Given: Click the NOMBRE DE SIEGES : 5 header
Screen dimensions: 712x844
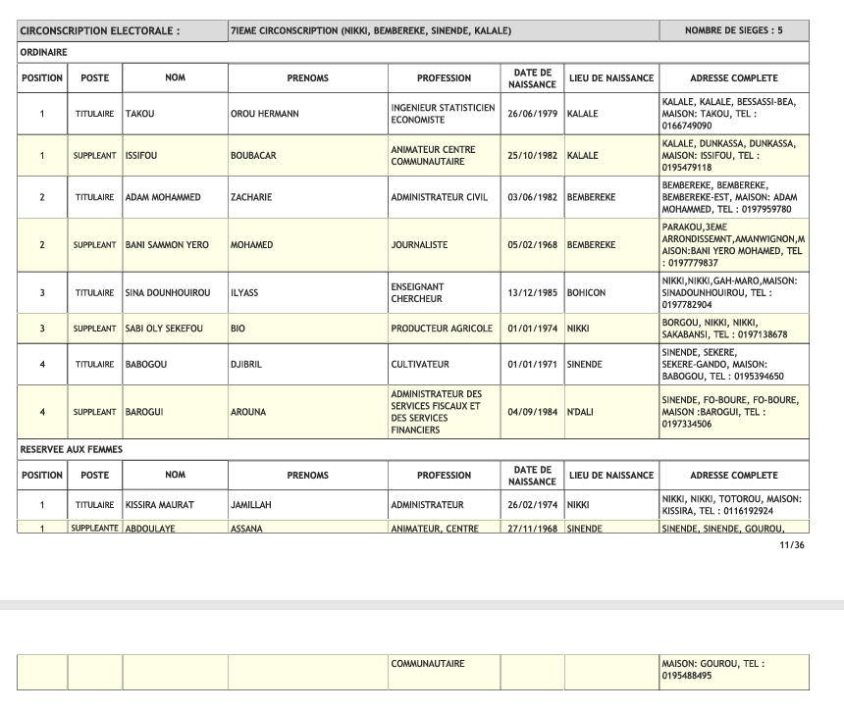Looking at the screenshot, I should (734, 30).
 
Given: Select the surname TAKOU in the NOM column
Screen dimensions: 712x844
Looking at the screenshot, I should (140, 114).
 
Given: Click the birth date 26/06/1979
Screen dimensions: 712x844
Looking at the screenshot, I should (532, 114).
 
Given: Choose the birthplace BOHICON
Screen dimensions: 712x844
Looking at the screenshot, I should (586, 293).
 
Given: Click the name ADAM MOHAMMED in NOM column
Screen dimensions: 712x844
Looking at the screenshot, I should (163, 197).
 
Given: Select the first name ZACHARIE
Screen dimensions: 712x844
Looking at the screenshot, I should (251, 197).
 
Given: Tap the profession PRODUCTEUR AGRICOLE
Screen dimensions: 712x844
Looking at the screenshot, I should (442, 329).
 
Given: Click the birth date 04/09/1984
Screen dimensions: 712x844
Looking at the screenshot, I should (532, 412).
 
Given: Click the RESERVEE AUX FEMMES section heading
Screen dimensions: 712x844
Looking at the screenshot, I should (72, 449).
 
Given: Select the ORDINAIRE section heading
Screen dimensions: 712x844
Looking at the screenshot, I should (43, 52).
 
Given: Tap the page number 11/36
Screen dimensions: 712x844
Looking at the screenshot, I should (791, 544).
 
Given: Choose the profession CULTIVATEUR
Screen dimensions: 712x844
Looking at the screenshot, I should (420, 365).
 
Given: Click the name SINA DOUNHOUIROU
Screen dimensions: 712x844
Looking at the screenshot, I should (168, 293).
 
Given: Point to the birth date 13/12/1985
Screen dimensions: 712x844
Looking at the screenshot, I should (532, 293).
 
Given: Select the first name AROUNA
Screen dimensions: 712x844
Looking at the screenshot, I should (247, 412).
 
